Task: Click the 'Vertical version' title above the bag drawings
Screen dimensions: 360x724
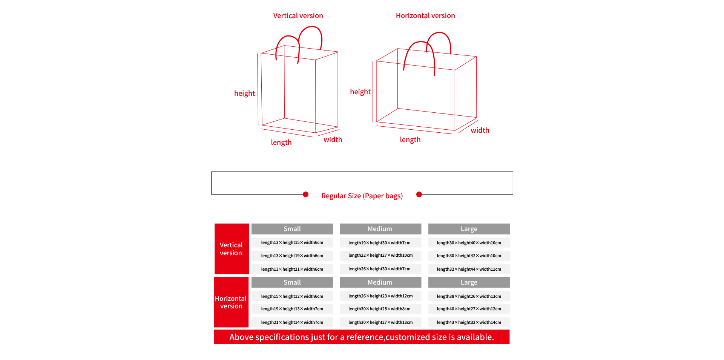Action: pos(298,16)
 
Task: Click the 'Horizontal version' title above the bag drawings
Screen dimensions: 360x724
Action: pos(425,16)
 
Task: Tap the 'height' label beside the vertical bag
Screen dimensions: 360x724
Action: pos(244,93)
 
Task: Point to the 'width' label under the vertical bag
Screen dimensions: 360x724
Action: pos(333,140)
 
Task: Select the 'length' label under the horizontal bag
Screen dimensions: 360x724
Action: pos(410,140)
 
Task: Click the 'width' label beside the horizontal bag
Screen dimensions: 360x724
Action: pos(480,130)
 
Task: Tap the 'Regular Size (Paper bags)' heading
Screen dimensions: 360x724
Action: pos(362,196)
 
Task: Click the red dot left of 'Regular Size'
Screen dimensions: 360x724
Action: pos(306,195)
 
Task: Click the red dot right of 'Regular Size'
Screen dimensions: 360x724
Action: pos(419,195)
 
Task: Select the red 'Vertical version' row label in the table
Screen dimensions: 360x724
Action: pos(231,249)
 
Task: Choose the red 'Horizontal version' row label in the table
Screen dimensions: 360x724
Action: pos(231,302)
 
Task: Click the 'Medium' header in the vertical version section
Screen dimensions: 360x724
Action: pos(380,229)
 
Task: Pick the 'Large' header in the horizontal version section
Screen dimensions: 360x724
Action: pos(469,282)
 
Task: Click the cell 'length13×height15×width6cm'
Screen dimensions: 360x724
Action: pos(292,242)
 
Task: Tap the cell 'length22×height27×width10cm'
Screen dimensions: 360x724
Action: pos(380,256)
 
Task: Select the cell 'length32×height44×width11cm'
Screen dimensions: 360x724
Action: pos(469,269)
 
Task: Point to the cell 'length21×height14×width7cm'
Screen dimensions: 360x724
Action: pos(292,322)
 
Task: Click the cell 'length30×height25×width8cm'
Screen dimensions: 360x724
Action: pos(379,309)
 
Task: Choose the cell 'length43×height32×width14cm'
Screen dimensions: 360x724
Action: pos(469,322)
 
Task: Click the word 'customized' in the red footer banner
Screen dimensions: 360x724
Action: pos(408,337)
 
